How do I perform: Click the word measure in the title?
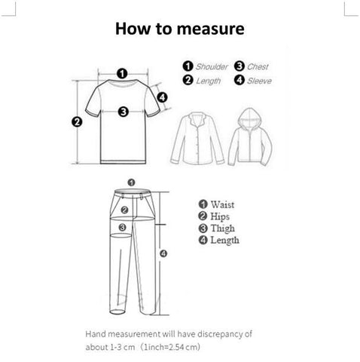210,29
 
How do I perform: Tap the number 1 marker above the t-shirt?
122,74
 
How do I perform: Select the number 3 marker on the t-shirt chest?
124,112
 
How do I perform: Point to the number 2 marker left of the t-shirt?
77,122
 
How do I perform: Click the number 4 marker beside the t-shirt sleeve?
163,97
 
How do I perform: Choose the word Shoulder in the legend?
212,66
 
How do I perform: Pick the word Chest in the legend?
258,66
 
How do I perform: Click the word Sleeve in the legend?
259,81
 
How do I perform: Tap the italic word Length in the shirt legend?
209,81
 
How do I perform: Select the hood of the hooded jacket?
250,118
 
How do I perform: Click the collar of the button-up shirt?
197,120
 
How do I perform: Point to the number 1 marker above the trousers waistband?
131,183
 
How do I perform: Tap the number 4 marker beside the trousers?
163,253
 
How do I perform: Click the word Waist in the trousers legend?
222,204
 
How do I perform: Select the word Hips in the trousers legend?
220,216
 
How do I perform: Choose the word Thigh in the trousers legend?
223,229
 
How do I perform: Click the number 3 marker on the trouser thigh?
122,227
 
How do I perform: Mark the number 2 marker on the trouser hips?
125,210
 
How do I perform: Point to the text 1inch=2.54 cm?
171,348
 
